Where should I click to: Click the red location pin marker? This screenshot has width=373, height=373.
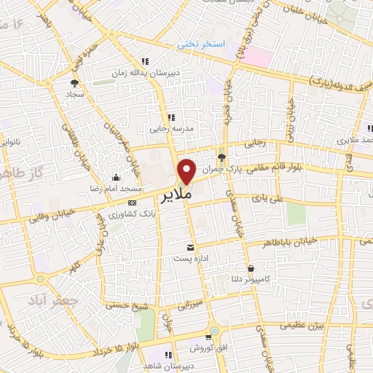click(188, 171)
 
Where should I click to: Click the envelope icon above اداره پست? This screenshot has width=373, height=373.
click(191, 247)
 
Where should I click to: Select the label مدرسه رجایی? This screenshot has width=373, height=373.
click(170, 128)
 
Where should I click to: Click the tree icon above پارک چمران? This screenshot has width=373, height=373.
click(221, 156)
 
